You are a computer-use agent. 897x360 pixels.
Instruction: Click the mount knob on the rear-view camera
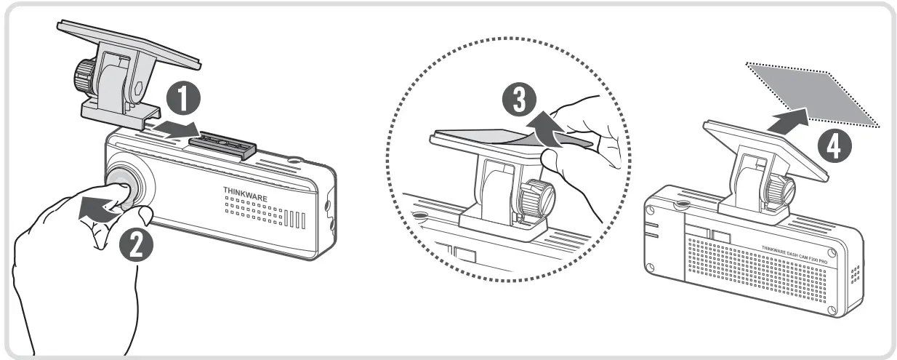[x=782, y=188]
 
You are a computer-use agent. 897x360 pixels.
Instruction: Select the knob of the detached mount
[x=81, y=75]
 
